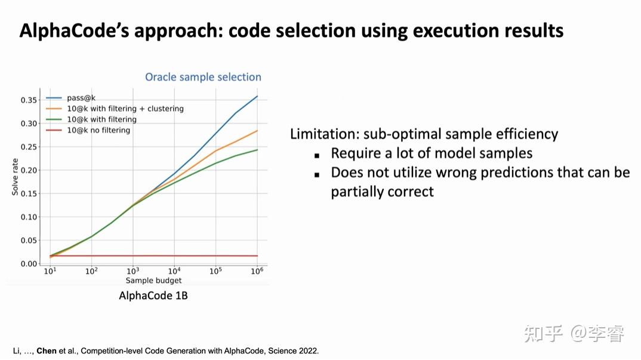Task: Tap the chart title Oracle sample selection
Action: (203, 77)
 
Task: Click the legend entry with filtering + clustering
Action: (125, 109)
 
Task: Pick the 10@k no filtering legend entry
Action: (98, 130)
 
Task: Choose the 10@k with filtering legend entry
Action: (102, 119)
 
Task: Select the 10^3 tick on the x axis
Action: (132, 271)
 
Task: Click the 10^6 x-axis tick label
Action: (257, 271)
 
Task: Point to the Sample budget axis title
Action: (153, 281)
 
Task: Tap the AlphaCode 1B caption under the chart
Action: (153, 296)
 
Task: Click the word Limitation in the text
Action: (324, 134)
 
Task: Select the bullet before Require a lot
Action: (318, 155)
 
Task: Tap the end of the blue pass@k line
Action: (257, 96)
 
